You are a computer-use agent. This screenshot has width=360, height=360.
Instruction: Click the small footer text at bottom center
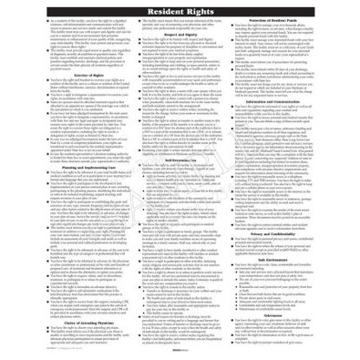coord(180,354)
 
